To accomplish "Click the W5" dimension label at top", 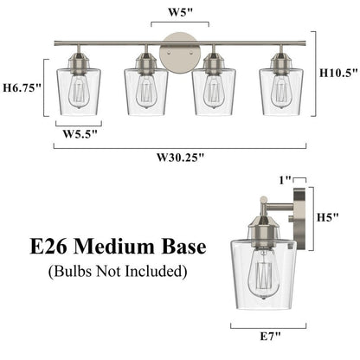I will point(180,13).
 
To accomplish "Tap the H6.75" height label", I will point(22,88).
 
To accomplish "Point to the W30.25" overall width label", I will point(181,157).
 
